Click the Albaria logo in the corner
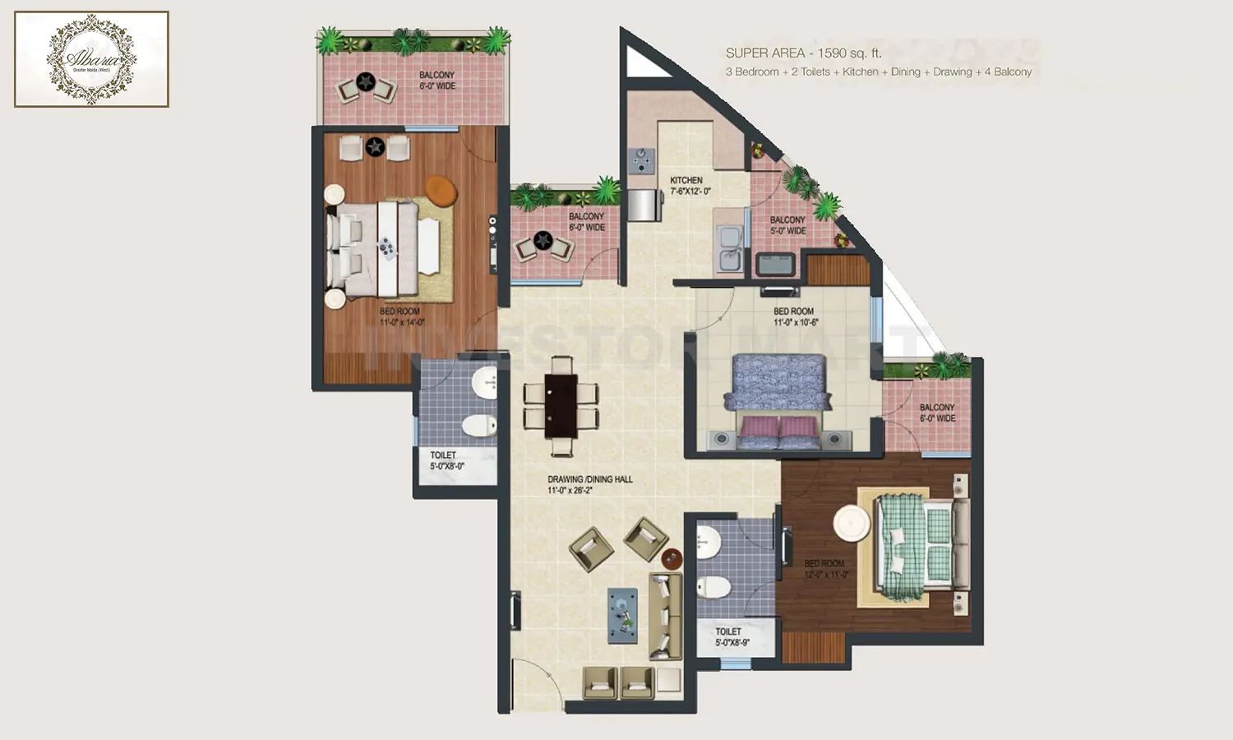tap(91, 59)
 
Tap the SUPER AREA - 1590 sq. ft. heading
tap(803, 53)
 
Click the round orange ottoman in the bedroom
tap(441, 190)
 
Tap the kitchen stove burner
tap(640, 159)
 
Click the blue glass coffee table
tap(622, 615)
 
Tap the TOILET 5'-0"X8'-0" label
tap(446, 460)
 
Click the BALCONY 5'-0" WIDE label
tap(787, 225)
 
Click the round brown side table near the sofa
tap(672, 559)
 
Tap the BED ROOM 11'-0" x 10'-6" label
tap(794, 317)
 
